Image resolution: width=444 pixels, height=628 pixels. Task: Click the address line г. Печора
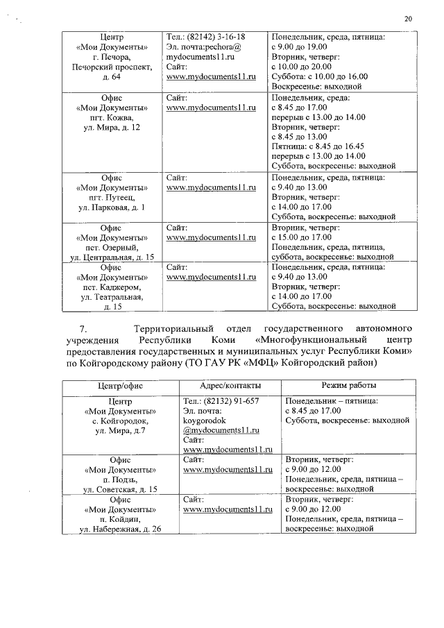(x=111, y=56)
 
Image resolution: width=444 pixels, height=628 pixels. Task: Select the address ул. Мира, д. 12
(x=111, y=128)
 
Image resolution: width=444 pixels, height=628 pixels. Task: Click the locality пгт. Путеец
(x=111, y=198)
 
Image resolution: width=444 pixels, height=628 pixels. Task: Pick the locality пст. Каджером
(x=111, y=287)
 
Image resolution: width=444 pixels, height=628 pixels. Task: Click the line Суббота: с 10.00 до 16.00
(x=318, y=76)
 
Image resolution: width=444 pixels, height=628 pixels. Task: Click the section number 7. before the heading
(x=84, y=327)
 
